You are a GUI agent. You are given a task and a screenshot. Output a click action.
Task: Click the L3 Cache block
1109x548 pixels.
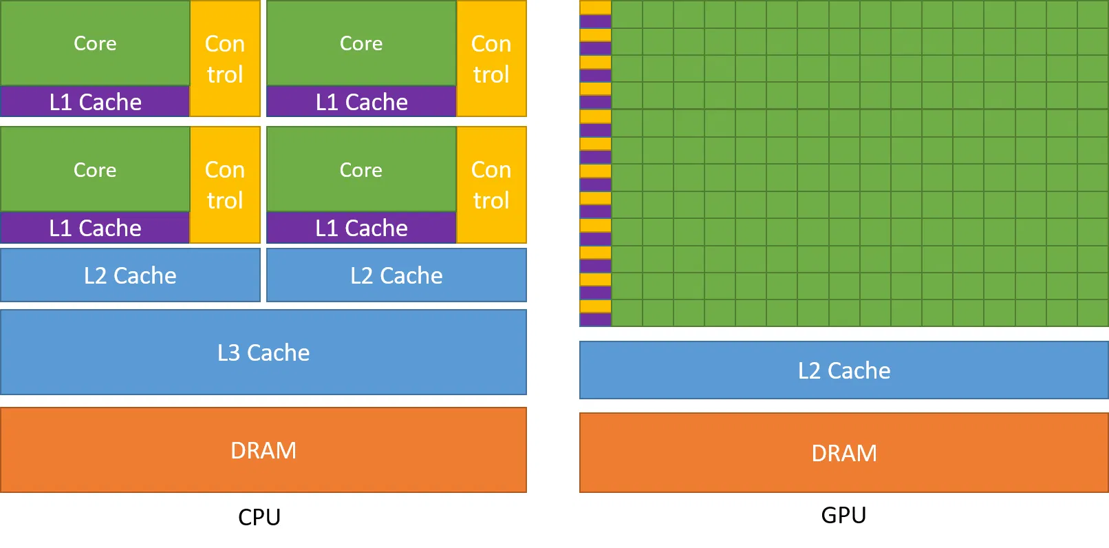point(263,352)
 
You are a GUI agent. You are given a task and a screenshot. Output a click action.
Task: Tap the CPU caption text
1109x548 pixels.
point(259,517)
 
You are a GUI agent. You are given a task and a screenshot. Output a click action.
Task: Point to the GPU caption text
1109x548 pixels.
point(843,515)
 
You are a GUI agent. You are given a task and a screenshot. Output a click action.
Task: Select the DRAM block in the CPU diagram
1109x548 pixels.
point(263,450)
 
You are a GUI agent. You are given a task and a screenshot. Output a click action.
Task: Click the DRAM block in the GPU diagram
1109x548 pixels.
point(844,453)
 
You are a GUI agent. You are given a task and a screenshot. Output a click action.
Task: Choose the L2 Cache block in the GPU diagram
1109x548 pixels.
point(844,370)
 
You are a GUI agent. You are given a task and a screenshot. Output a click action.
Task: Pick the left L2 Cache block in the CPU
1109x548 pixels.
point(130,275)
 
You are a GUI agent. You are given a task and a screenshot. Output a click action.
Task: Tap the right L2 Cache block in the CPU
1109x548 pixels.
point(396,275)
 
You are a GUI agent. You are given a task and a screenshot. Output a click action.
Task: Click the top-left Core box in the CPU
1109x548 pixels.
point(95,43)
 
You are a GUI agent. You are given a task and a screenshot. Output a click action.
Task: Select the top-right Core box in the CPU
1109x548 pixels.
point(361,43)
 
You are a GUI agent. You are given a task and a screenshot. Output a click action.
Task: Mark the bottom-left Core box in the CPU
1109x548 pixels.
point(95,169)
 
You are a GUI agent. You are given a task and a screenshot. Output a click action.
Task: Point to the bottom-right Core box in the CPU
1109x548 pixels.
point(361,169)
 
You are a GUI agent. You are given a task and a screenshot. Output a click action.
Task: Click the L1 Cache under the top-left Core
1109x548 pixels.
point(95,102)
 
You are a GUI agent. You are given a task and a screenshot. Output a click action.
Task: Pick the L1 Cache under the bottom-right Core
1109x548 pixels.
point(361,228)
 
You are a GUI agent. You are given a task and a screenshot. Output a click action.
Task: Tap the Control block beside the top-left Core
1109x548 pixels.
point(225,59)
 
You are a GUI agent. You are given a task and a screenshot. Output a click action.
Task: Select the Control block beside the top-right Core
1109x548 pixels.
point(491,59)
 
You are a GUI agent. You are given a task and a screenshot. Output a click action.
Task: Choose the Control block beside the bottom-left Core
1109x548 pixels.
point(225,185)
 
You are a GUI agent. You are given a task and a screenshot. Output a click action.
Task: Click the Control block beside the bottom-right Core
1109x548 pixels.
point(491,185)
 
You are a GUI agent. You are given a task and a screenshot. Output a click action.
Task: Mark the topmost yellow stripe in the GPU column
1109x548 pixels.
point(595,8)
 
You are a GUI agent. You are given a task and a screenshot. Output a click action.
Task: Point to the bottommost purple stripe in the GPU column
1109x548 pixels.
point(595,319)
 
